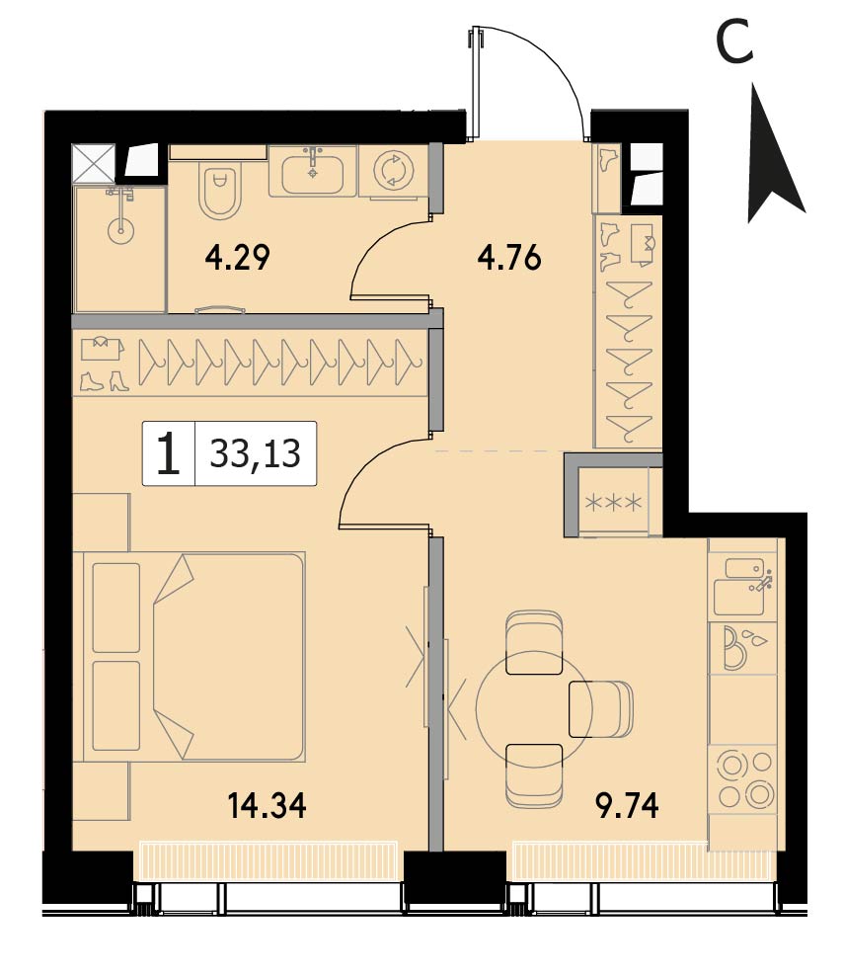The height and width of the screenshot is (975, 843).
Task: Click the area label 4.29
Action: click(x=237, y=258)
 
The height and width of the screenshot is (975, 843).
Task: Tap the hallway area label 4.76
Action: click(x=509, y=258)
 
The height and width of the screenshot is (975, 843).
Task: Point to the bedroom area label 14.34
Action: click(x=268, y=806)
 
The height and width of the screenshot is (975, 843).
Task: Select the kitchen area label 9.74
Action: click(x=627, y=806)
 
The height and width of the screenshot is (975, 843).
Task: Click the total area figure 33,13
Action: click(x=256, y=453)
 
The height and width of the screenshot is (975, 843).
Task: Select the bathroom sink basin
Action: click(x=313, y=174)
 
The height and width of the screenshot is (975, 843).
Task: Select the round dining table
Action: click(x=534, y=709)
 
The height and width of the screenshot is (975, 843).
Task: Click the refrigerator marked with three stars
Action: click(x=614, y=503)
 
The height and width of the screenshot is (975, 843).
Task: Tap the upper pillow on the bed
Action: click(x=116, y=608)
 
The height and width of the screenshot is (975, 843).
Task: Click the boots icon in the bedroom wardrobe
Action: click(x=103, y=380)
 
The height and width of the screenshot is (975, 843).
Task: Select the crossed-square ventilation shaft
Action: click(x=93, y=164)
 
